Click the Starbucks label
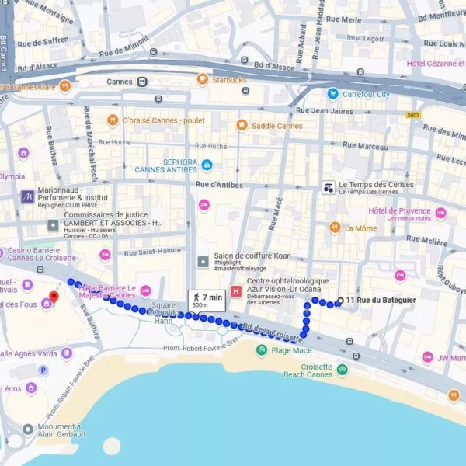228,79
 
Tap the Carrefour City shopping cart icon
332,94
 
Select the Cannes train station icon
142,82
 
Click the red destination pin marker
54,297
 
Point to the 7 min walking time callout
205,300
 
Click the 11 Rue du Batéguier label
381,301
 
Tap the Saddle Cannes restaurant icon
242,125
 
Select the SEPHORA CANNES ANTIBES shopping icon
207,165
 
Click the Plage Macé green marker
262,350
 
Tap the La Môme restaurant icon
335,228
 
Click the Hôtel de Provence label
398,210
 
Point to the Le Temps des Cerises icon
329,187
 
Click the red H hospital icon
236,290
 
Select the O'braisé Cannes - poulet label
163,120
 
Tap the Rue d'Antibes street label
219,185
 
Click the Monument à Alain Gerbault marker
28,429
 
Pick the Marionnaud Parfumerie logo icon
27,196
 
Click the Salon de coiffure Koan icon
203,260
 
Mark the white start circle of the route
339,302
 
